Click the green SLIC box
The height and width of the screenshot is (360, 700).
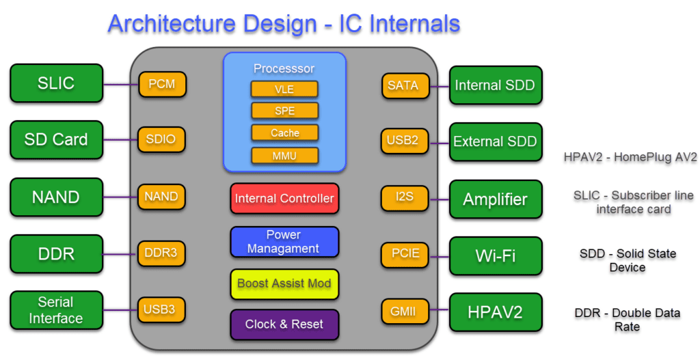click(56, 84)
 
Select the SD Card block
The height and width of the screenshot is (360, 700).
click(56, 140)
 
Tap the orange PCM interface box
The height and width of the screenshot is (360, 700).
click(161, 85)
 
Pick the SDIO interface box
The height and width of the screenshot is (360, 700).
click(161, 140)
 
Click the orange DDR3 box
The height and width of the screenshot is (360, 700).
click(161, 253)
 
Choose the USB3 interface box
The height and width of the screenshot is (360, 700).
click(161, 309)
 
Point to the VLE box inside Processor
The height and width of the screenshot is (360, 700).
click(284, 89)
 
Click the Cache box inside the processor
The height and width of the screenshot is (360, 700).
click(284, 133)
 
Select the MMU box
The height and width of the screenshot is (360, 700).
click(284, 156)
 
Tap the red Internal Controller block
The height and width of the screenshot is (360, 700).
click(284, 199)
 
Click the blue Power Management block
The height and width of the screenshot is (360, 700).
click(284, 242)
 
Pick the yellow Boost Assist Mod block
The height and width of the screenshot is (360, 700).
click(284, 283)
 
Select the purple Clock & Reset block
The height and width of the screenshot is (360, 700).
click(284, 324)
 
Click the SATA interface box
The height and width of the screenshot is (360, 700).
click(403, 86)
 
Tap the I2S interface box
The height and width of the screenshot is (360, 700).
click(403, 199)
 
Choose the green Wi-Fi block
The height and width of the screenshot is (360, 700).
click(496, 256)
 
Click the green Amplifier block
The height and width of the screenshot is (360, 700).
click(496, 200)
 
